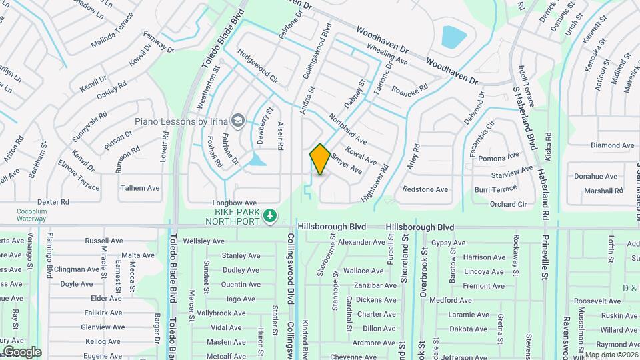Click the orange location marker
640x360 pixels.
point(320,159)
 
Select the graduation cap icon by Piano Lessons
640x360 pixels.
point(238,121)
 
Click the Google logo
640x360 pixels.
point(21,351)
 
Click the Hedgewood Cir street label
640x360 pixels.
point(257,65)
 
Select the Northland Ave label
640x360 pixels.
point(347,127)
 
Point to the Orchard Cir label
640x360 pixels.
point(509,204)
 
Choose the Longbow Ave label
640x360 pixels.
point(234,203)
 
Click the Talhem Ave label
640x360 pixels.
point(140,188)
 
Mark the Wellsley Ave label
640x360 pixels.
point(200,241)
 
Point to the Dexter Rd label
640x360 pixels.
point(53,201)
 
